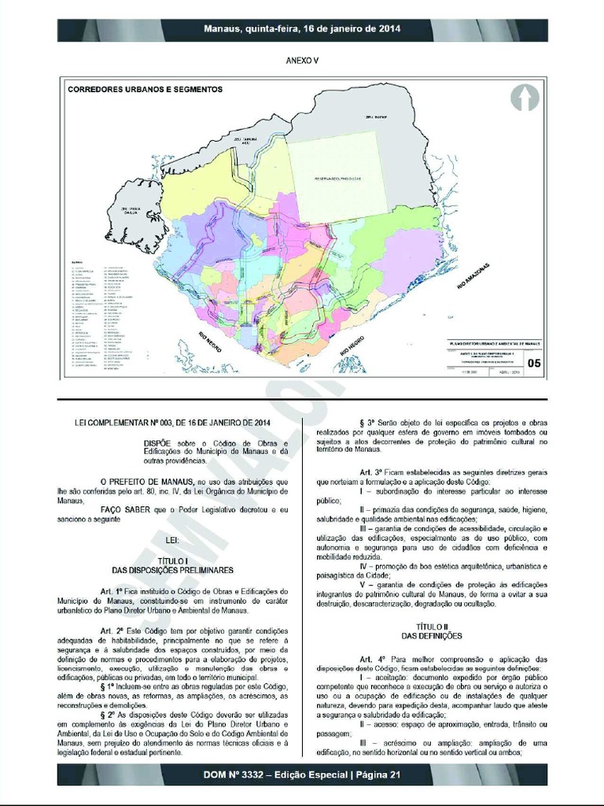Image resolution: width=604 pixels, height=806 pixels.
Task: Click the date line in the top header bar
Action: click(302, 29)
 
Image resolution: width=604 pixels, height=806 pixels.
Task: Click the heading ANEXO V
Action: click(302, 60)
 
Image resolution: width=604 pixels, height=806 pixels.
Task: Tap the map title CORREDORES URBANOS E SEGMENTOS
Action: click(145, 90)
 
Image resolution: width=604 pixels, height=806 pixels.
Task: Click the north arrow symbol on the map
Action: click(524, 98)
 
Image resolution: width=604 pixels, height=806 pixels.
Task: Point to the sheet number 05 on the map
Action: click(534, 363)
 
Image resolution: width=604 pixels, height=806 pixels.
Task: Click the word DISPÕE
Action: click(160, 443)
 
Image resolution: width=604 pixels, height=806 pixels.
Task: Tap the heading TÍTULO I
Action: click(173, 560)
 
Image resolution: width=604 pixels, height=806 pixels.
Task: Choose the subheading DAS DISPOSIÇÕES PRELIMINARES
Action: click(173, 570)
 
